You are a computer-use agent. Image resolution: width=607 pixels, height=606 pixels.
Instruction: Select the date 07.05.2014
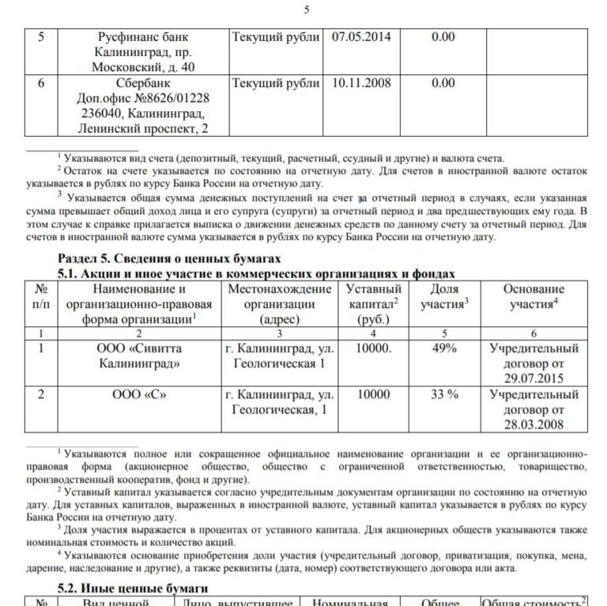pyautogui.click(x=361, y=37)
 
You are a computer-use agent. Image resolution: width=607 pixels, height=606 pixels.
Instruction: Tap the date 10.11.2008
pyautogui.click(x=361, y=83)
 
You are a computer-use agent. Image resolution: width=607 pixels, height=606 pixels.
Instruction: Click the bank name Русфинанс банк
pyautogui.click(x=143, y=37)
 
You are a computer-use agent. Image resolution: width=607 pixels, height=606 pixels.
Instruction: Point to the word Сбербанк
pyautogui.click(x=143, y=83)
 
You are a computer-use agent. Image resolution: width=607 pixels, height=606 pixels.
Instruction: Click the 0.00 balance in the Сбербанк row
pyautogui.click(x=443, y=83)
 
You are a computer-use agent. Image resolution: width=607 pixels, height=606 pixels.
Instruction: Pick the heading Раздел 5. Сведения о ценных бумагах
pyautogui.click(x=169, y=259)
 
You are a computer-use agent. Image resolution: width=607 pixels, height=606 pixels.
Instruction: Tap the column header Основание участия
pyautogui.click(x=534, y=297)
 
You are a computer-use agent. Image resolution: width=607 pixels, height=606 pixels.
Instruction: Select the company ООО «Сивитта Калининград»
pyautogui.click(x=143, y=356)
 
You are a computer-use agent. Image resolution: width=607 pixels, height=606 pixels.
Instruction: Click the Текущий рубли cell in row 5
pyautogui.click(x=275, y=37)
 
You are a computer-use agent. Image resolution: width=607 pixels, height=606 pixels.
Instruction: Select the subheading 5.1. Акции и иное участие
pyautogui.click(x=258, y=273)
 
